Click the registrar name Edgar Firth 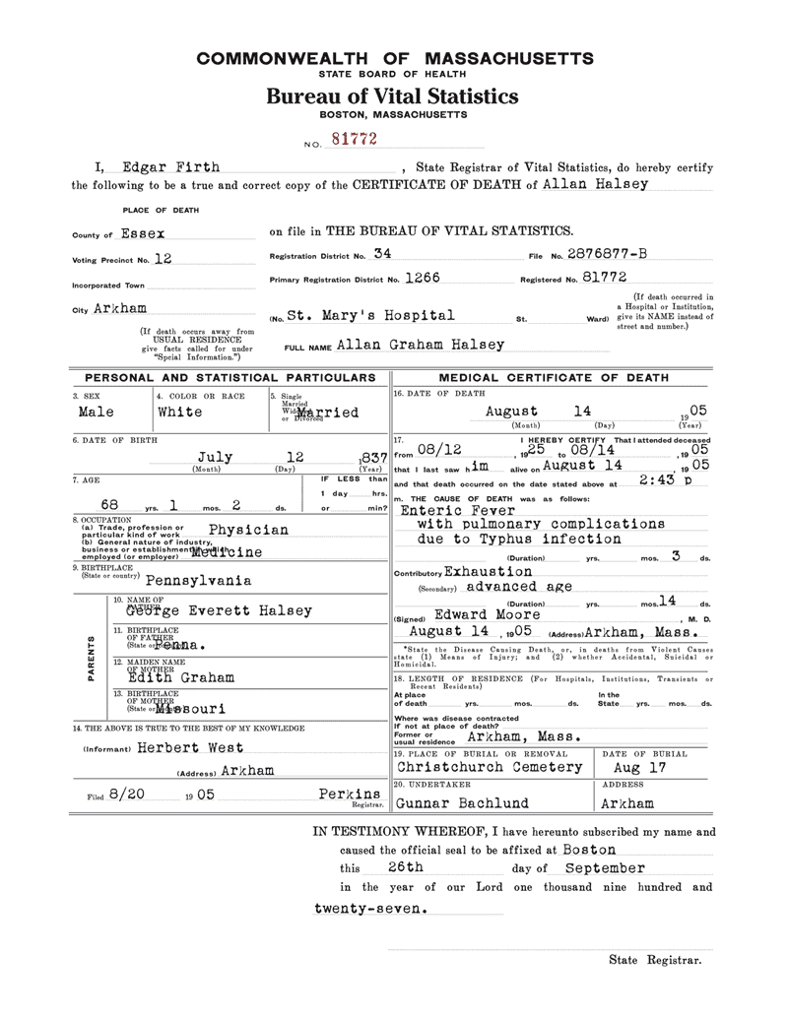[x=165, y=167]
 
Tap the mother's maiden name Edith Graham [x=180, y=677]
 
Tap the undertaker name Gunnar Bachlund [x=466, y=802]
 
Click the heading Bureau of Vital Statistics [x=392, y=96]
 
